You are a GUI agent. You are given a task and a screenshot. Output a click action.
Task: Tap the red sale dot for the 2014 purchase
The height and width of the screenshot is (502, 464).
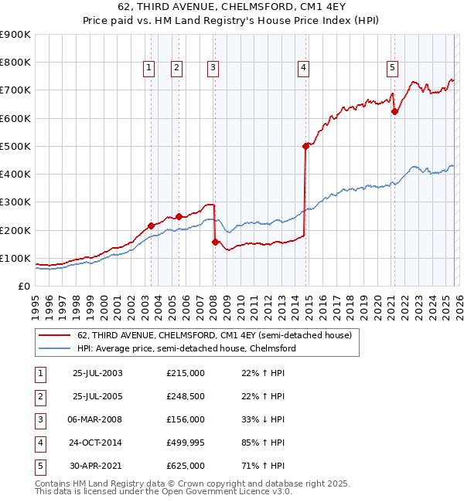coord(305,146)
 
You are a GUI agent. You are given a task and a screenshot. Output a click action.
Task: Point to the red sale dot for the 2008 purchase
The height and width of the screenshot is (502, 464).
coord(214,242)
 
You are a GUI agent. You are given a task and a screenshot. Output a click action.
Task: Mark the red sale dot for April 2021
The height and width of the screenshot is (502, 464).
coord(394,111)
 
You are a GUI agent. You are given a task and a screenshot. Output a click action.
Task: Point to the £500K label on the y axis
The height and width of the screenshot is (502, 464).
coord(15,146)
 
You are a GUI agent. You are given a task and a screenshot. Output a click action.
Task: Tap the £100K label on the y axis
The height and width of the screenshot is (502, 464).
coord(15,258)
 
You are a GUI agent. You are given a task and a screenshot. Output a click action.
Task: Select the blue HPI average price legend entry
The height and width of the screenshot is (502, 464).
coord(186,349)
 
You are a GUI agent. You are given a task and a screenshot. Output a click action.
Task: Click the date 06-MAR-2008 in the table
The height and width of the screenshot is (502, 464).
coord(97,419)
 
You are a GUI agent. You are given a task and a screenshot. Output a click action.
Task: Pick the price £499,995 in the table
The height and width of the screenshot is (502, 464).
coord(186,443)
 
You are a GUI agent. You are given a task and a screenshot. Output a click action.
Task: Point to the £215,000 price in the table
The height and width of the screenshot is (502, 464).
coord(186,373)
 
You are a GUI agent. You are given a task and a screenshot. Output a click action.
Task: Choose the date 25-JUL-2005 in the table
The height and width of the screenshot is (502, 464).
coord(97,396)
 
